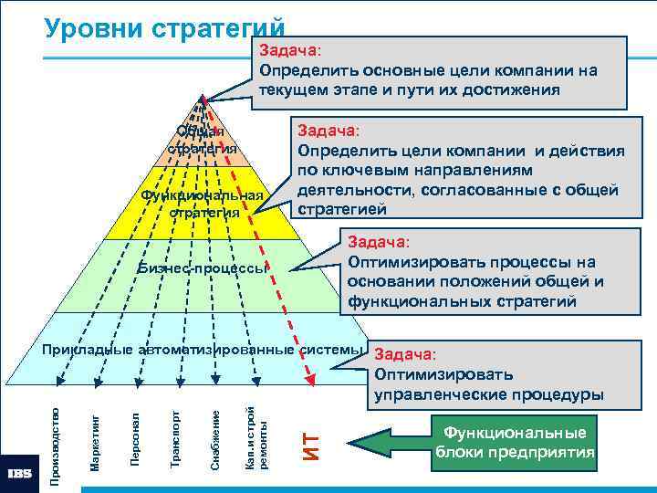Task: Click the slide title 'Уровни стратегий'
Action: pos(164,28)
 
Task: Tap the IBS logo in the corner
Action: pos(20,474)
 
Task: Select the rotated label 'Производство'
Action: pos(55,433)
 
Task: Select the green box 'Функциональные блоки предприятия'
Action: pos(515,443)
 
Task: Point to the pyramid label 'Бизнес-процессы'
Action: pos(203,268)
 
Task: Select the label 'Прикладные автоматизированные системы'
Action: pos(203,349)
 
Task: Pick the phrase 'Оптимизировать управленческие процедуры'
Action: pos(488,384)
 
